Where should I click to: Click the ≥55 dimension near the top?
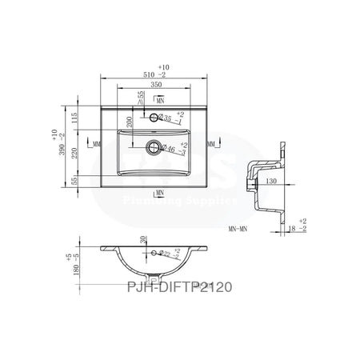click(x=141, y=100)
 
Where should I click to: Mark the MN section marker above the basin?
click(x=160, y=101)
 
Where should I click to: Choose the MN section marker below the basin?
click(x=160, y=193)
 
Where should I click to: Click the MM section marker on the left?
click(x=97, y=144)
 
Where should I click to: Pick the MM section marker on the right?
click(x=210, y=144)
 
